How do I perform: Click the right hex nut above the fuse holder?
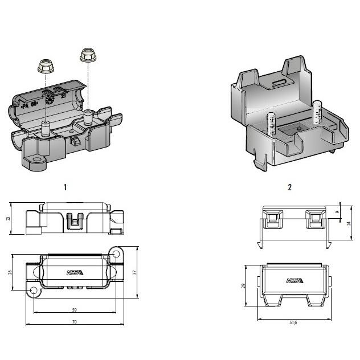[x=87, y=55]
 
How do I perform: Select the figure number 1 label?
[x=66, y=187]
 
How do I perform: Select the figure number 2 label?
[x=289, y=187]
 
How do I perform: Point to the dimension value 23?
[x=9, y=218]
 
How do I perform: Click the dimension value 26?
[x=10, y=272]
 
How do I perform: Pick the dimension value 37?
[x=134, y=272]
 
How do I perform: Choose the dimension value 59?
[x=74, y=310]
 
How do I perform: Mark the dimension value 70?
[x=74, y=322]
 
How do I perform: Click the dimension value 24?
[x=349, y=223]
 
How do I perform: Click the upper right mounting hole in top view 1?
[x=117, y=253]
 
